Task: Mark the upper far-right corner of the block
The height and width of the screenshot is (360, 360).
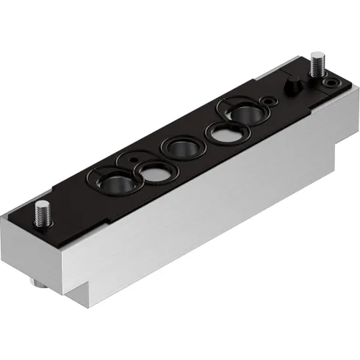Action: click(345, 86)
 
